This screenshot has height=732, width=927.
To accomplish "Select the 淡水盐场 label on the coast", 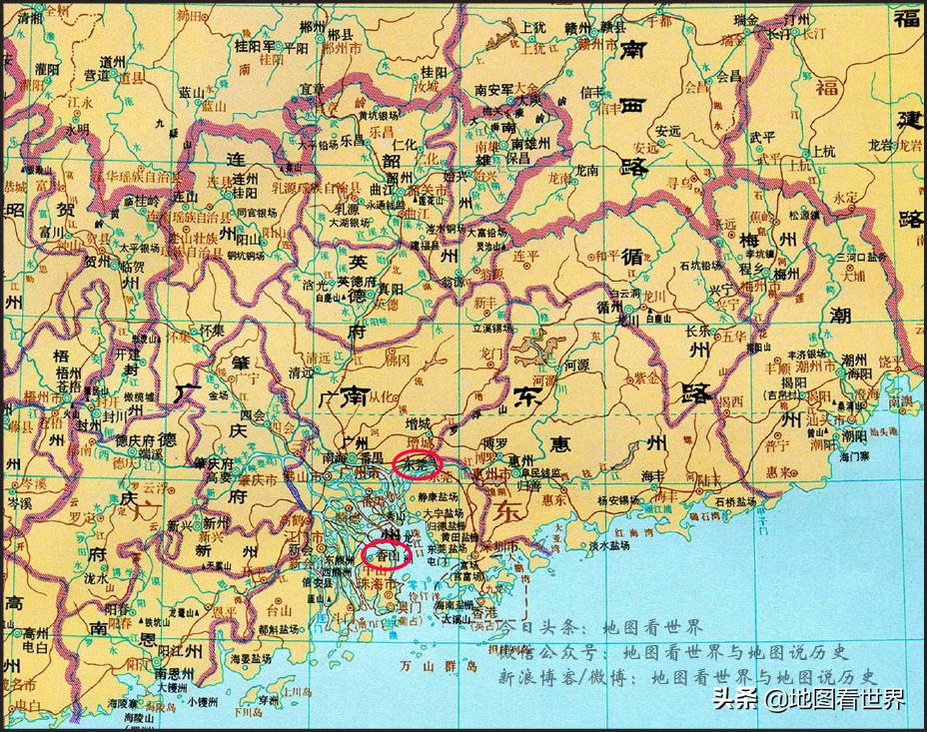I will coord(607,546).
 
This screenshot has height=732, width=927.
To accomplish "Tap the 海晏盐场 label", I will coord(252,659).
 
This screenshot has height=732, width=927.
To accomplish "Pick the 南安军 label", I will coord(494,89).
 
